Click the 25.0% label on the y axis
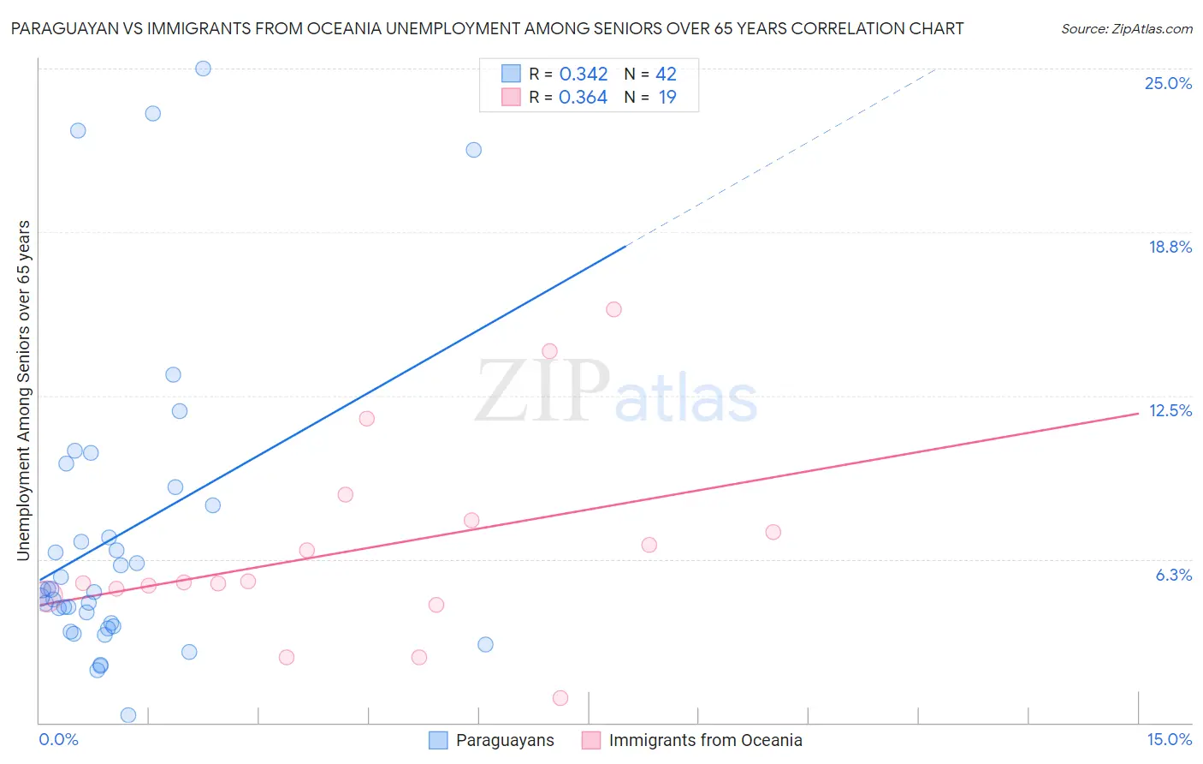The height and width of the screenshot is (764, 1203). pyautogui.click(x=1168, y=83)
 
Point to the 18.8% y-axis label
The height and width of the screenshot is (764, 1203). pyautogui.click(x=1170, y=247)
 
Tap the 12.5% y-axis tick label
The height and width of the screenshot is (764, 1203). pyautogui.click(x=1170, y=410)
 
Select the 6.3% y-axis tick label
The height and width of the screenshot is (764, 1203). pyautogui.click(x=1173, y=575)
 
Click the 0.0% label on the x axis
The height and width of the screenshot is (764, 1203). pyautogui.click(x=58, y=739)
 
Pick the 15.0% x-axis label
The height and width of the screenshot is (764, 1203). pyautogui.click(x=1169, y=739)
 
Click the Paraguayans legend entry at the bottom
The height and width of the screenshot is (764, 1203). pyautogui.click(x=504, y=740)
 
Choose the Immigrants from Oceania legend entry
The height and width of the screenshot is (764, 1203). pyautogui.click(x=705, y=740)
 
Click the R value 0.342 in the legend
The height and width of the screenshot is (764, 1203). pyautogui.click(x=583, y=74)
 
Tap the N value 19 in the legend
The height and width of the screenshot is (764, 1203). pyautogui.click(x=667, y=97)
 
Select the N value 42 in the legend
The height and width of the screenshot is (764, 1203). pyautogui.click(x=666, y=74)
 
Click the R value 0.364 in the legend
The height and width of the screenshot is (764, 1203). pyautogui.click(x=583, y=97)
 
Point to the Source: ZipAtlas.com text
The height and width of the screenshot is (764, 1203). pyautogui.click(x=1126, y=28)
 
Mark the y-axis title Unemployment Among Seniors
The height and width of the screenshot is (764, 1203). pyautogui.click(x=24, y=391)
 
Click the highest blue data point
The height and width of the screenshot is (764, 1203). pyautogui.click(x=203, y=69)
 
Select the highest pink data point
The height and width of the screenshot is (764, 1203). pyautogui.click(x=613, y=309)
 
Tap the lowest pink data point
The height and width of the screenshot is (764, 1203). pyautogui.click(x=560, y=698)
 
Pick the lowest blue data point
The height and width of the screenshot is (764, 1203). pyautogui.click(x=128, y=715)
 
